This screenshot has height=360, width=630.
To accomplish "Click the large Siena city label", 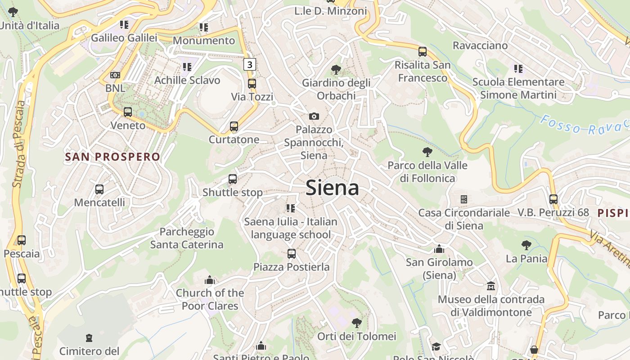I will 332,188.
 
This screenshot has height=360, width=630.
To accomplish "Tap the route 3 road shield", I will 249,64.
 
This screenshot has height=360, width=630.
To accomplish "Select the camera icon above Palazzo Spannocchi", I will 314,117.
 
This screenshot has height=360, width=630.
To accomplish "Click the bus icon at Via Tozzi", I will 252,84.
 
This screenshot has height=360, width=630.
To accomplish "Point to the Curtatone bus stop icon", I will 234,126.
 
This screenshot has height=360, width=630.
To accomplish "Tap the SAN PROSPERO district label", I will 112,157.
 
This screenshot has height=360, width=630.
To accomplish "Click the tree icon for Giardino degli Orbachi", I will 336,69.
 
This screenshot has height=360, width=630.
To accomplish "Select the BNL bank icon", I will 115,75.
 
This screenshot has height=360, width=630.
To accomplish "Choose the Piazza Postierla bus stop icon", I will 292,254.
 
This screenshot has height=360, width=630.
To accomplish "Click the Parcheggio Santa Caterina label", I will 187,238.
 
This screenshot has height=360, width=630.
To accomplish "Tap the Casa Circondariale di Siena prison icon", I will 464,199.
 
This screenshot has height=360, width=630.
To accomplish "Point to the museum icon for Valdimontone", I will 491,286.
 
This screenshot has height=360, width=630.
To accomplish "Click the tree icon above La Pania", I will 526,245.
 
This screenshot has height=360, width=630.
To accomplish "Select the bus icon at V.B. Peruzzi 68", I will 553,199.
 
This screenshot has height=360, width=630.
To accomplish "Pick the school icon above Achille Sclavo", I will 187,67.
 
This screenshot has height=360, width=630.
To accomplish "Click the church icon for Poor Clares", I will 210,280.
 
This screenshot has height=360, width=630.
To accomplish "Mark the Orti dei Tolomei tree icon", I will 357,323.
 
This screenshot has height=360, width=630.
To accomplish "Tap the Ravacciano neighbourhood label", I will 480,45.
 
